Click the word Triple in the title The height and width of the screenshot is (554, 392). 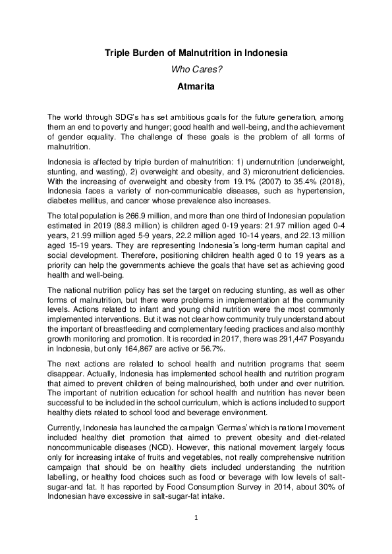(117, 52)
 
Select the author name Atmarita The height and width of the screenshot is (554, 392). (196, 85)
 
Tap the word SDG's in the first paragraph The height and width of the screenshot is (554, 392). (115, 116)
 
